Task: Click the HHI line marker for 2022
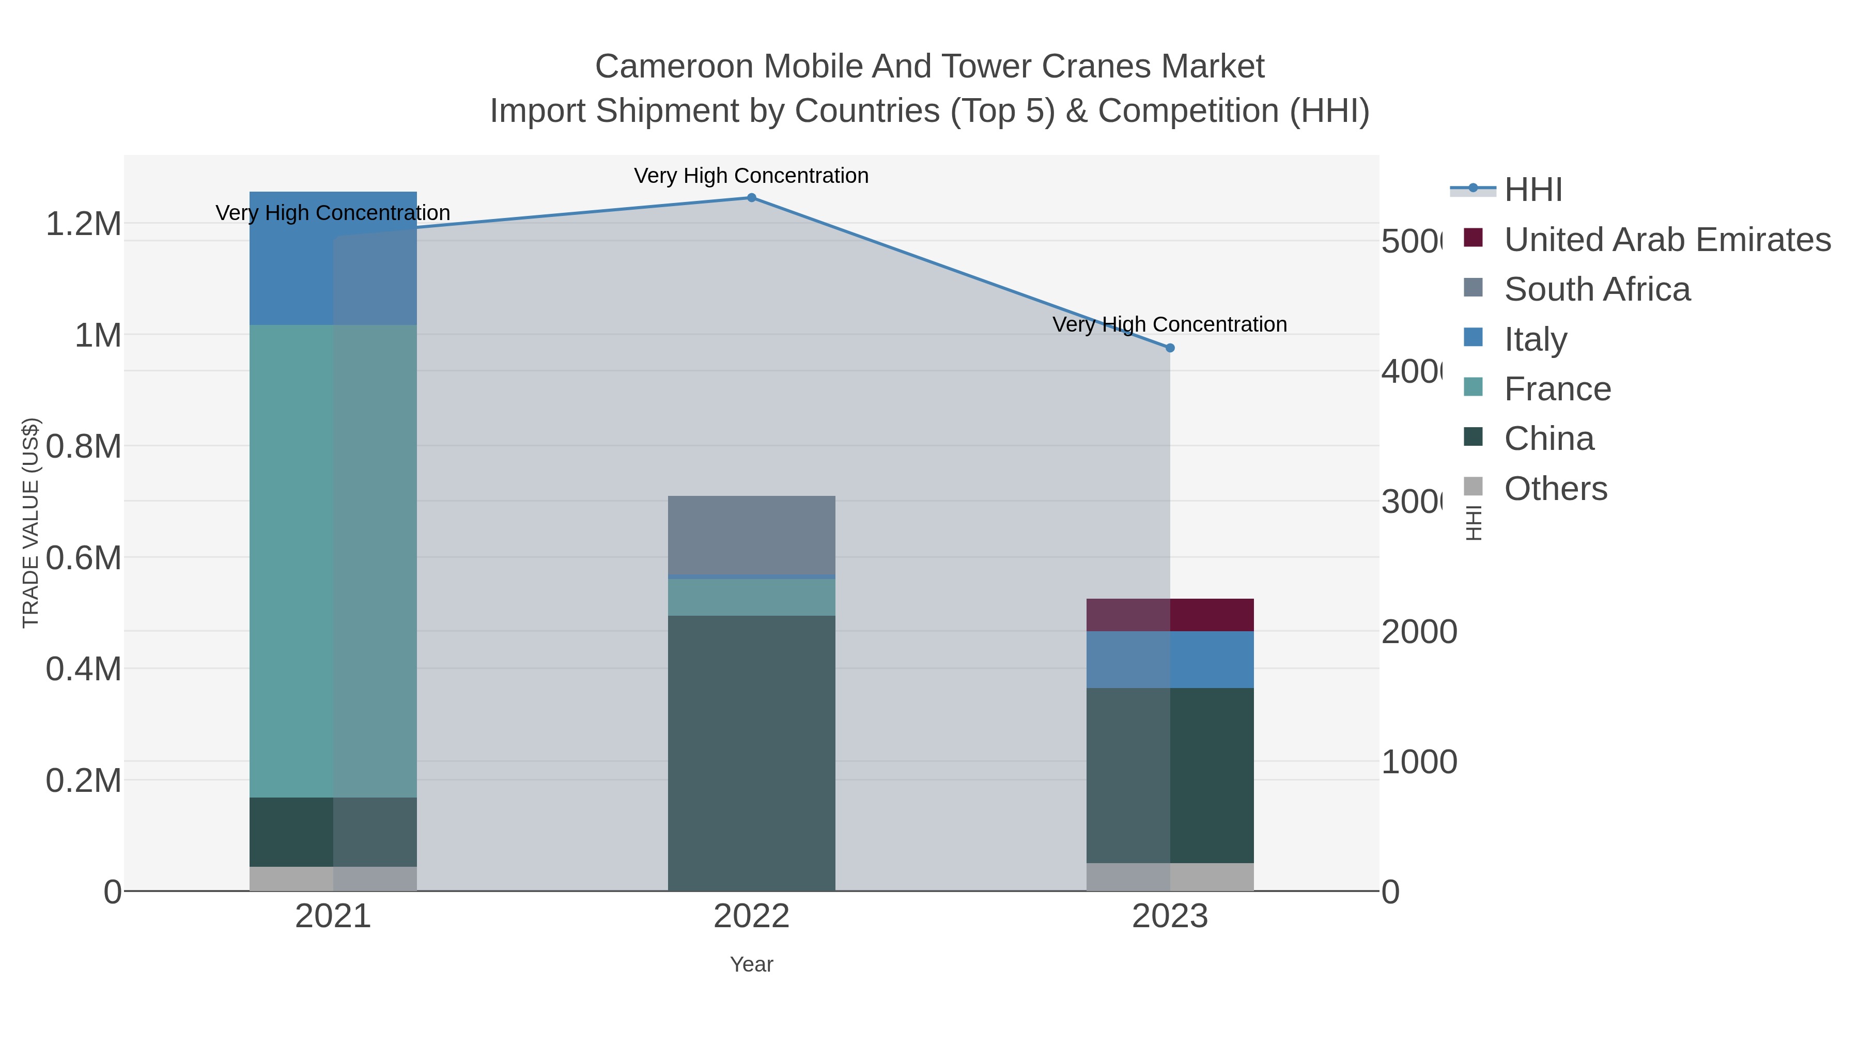(x=751, y=198)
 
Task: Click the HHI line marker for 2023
(x=1170, y=348)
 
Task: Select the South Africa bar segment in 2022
(x=751, y=535)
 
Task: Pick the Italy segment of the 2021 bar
(x=333, y=258)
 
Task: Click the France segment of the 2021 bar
(x=333, y=561)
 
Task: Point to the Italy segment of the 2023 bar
(x=1170, y=659)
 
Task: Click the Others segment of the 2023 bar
(x=1170, y=877)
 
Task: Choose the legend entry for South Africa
(x=1597, y=289)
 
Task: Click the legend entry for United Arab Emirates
(x=1666, y=240)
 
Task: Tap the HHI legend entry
(x=1533, y=190)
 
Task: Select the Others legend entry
(x=1555, y=489)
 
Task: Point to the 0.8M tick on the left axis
(x=83, y=447)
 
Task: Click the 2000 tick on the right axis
(x=1419, y=632)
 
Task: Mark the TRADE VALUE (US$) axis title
(x=30, y=523)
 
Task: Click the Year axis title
(x=751, y=964)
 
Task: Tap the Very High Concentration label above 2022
(x=751, y=176)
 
